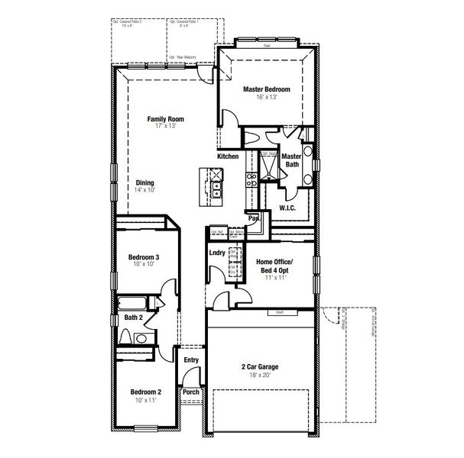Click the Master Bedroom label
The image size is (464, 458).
click(266, 89)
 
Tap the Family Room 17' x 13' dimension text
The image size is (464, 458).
click(166, 126)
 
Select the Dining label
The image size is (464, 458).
click(144, 182)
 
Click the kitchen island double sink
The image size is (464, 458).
click(216, 184)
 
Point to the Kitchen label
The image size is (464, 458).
click(228, 156)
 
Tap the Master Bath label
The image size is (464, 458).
click(292, 160)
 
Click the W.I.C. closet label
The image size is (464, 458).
click(287, 207)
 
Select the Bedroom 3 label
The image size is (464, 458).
click(144, 257)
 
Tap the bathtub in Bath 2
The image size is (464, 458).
click(137, 301)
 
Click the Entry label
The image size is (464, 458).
click(191, 360)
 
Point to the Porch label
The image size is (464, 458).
click(190, 392)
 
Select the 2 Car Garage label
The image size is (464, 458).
click(260, 366)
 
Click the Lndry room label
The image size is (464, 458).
click(216, 253)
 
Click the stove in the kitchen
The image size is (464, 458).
click(250, 179)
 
